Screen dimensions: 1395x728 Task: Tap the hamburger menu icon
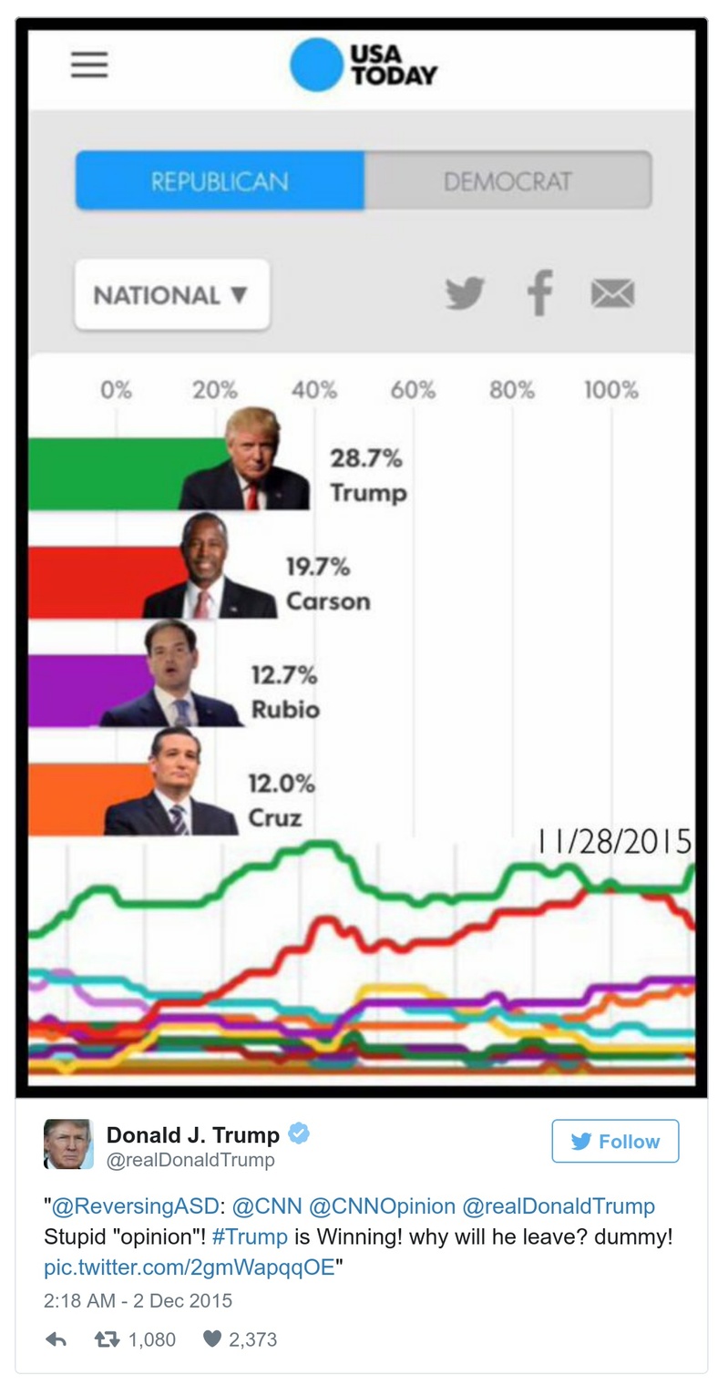point(89,64)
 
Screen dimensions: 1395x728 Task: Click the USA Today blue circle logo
point(316,65)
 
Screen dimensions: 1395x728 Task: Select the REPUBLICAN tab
point(220,181)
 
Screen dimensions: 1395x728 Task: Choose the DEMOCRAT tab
point(508,181)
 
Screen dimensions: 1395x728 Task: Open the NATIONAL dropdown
point(171,295)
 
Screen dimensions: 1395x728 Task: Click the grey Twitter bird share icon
point(465,293)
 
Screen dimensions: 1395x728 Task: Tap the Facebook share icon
point(539,293)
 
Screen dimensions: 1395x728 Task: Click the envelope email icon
point(612,293)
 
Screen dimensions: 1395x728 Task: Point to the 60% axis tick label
point(413,391)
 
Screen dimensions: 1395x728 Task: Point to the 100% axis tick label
point(610,391)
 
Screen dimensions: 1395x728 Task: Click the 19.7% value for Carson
point(318,567)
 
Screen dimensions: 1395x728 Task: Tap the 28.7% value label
point(365,458)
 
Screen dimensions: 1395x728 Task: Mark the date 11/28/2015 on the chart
point(613,842)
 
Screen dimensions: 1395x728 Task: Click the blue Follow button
point(615,1141)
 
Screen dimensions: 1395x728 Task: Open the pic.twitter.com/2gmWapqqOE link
point(190,1268)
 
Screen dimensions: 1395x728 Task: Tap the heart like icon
point(212,1339)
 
